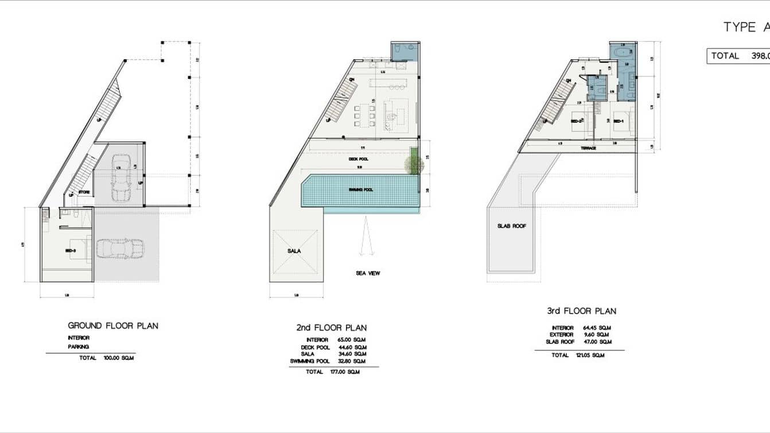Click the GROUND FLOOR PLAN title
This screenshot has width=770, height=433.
[113, 326]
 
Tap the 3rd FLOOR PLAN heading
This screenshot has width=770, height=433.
[581, 311]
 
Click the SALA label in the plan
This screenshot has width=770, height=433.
[294, 251]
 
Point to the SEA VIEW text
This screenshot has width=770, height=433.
[368, 273]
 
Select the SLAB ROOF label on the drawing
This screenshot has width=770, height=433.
[512, 226]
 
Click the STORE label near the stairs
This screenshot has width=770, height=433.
[84, 192]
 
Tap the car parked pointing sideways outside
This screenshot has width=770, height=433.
[120, 249]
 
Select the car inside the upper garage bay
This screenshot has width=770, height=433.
[121, 178]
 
